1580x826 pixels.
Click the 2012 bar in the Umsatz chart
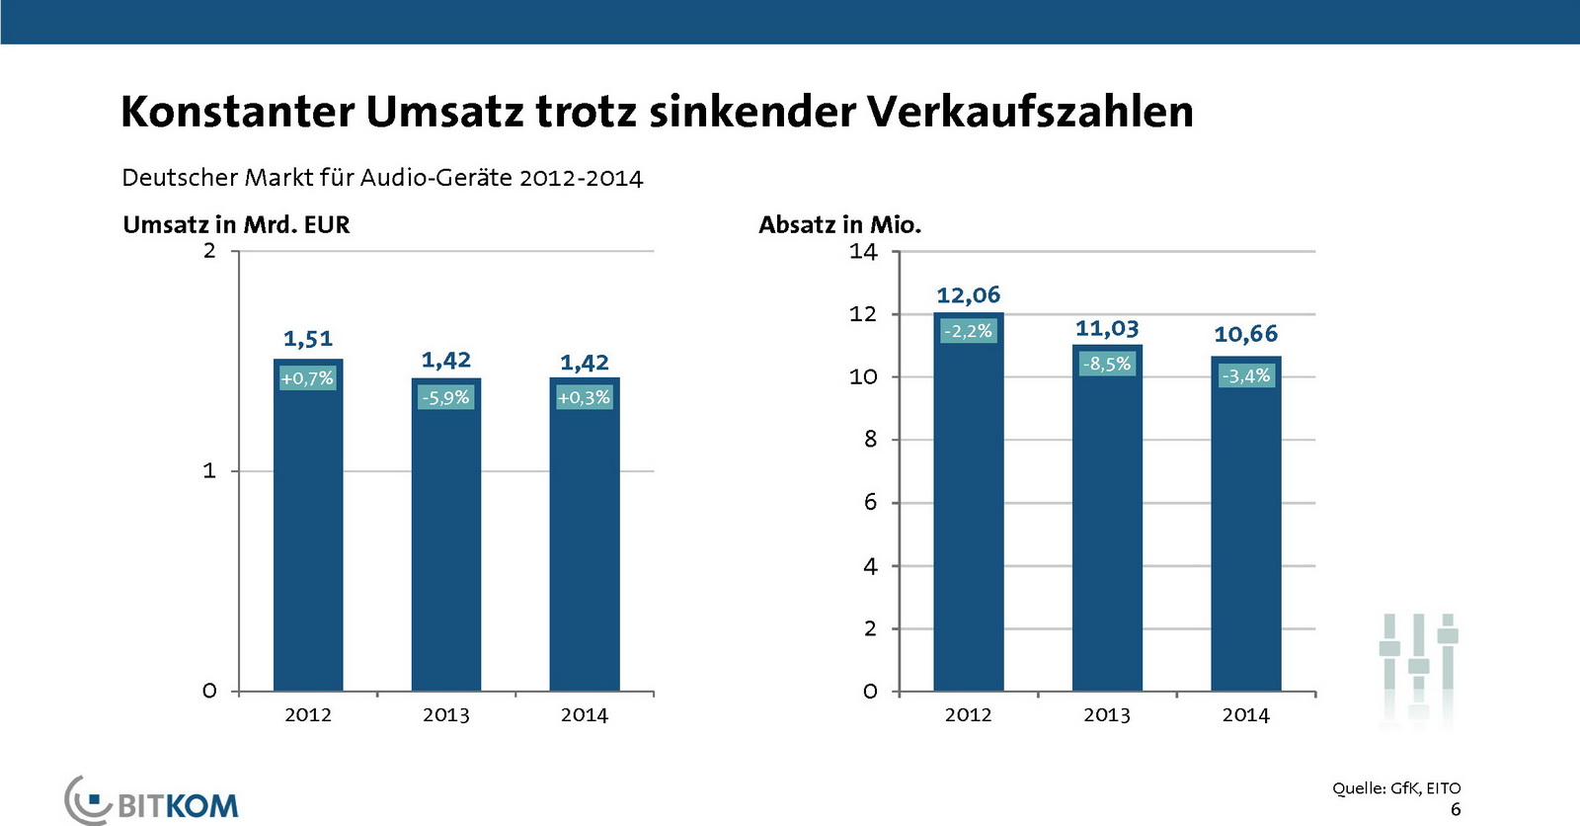(308, 534)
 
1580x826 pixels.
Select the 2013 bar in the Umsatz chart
(446, 543)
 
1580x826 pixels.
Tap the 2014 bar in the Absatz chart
(1245, 534)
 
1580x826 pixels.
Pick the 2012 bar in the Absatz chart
(968, 514)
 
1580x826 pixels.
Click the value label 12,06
(968, 294)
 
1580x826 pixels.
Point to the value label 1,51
(308, 339)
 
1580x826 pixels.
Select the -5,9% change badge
(446, 397)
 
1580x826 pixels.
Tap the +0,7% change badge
(308, 377)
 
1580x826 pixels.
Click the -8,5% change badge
(1106, 364)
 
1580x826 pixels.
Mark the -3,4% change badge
(1245, 375)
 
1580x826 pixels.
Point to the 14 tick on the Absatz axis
(863, 252)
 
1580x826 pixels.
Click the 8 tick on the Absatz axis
(870, 440)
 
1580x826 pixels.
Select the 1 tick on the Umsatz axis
(209, 471)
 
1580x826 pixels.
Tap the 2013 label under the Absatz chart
(1106, 714)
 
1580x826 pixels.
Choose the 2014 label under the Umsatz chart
(585, 714)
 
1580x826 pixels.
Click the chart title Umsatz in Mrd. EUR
(236, 224)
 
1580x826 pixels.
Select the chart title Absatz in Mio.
(839, 224)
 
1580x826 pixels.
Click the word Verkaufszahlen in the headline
(1030, 111)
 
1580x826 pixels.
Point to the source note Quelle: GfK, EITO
(1395, 787)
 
